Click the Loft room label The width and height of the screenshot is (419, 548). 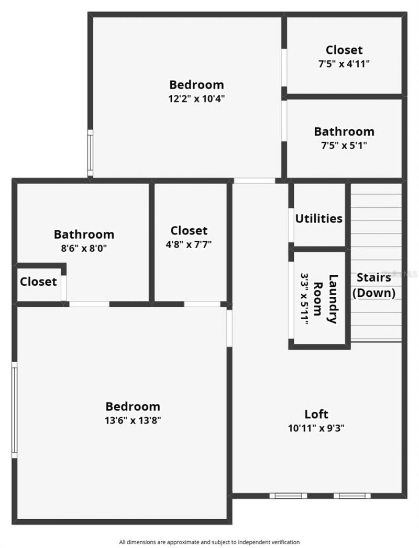[x=316, y=414]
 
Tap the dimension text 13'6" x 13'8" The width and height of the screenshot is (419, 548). [x=133, y=420]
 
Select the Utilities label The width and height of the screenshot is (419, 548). [x=319, y=219]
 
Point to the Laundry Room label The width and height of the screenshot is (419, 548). [x=325, y=299]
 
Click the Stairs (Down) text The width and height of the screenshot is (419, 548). [x=374, y=285]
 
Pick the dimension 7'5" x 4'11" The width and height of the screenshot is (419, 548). [x=344, y=64]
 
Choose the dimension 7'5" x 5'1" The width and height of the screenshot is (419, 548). [x=344, y=146]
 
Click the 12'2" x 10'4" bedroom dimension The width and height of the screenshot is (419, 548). [x=196, y=98]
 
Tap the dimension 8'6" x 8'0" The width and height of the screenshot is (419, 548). [x=84, y=249]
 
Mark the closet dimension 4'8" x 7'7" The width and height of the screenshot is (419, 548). [x=189, y=244]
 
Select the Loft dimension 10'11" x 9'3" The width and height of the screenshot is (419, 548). [x=316, y=428]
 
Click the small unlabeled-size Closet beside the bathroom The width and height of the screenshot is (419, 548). [x=38, y=282]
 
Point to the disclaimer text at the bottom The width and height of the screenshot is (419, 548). [x=210, y=542]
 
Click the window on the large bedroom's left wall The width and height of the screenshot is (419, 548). [x=15, y=409]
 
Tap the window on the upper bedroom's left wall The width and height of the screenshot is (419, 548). [x=90, y=153]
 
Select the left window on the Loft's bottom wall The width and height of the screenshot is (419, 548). [x=288, y=495]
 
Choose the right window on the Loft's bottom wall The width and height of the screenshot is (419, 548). [x=352, y=495]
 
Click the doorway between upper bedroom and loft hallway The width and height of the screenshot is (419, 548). [x=254, y=181]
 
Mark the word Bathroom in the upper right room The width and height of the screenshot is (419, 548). [x=344, y=131]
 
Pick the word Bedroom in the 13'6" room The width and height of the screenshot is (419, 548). [x=133, y=406]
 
